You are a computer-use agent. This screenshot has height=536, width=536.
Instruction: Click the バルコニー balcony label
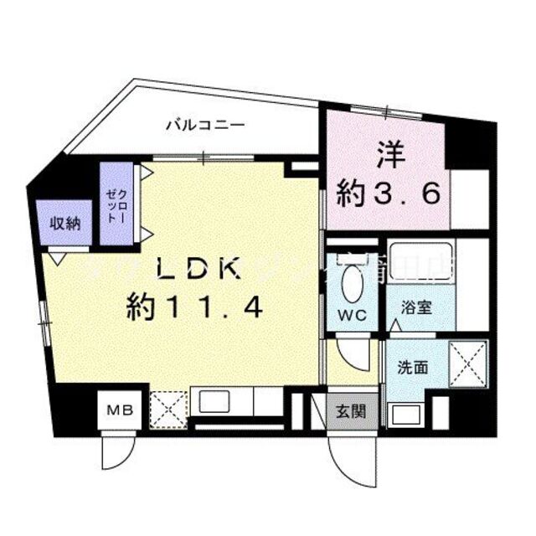pos(204,126)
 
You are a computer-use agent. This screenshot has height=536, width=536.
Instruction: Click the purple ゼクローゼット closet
pos(114,204)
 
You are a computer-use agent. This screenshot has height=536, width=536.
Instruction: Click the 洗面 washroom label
pos(414,367)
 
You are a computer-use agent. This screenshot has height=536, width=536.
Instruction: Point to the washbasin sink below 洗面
pos(406,415)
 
